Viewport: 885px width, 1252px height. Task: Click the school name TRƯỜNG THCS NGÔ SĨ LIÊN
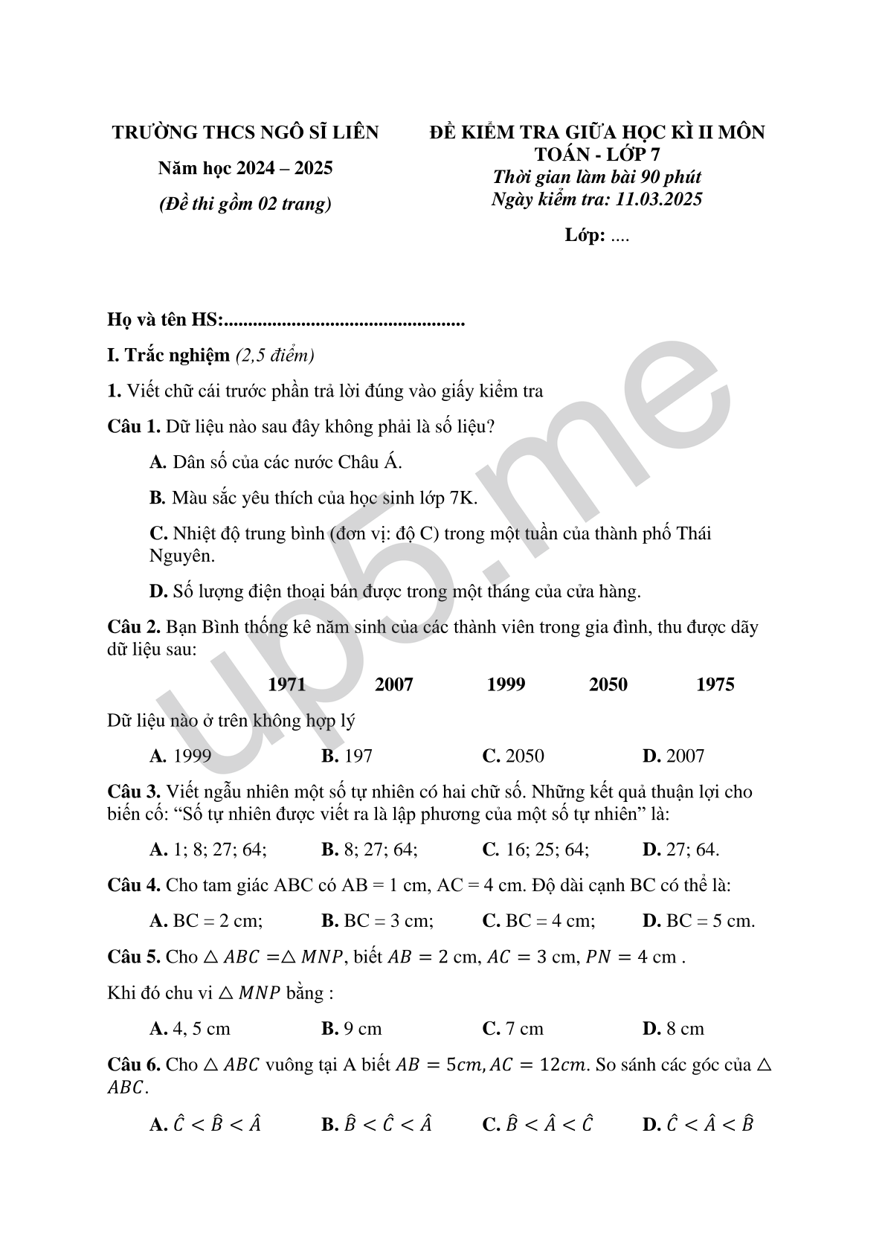pyautogui.click(x=245, y=132)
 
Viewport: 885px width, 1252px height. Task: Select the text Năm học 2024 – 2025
pyautogui.click(x=245, y=168)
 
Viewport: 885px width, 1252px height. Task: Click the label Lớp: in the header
pyautogui.click(x=584, y=236)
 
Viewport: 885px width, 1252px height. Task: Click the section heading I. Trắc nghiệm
pyautogui.click(x=169, y=356)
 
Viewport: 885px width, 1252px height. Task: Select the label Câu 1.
pyautogui.click(x=134, y=427)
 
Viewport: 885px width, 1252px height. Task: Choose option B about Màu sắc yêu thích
pyautogui.click(x=313, y=498)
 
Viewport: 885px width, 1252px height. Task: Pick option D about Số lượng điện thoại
pyautogui.click(x=395, y=591)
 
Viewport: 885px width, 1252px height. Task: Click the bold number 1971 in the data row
pyautogui.click(x=286, y=684)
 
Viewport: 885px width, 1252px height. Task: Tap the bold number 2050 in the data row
pyautogui.click(x=608, y=684)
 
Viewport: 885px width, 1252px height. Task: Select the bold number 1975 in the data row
pyautogui.click(x=715, y=684)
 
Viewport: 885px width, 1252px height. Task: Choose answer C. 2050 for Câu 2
pyautogui.click(x=513, y=756)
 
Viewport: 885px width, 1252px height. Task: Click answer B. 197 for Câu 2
pyautogui.click(x=347, y=756)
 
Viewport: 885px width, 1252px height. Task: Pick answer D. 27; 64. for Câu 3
pyautogui.click(x=680, y=849)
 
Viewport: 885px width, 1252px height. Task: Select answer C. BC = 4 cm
pyautogui.click(x=538, y=921)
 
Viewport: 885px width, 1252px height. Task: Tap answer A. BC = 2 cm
pyautogui.click(x=206, y=921)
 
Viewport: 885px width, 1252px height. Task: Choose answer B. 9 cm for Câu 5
pyautogui.click(x=351, y=1029)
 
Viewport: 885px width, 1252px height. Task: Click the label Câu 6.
pyautogui.click(x=134, y=1065)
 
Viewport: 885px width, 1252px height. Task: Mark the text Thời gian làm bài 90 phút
pyautogui.click(x=596, y=177)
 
